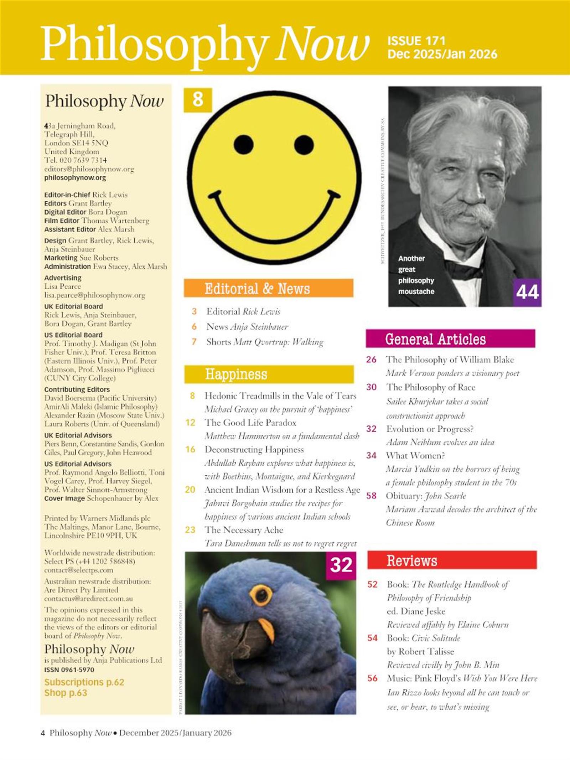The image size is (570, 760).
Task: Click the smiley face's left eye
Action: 244,145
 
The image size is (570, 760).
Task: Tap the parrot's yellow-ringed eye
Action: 262,594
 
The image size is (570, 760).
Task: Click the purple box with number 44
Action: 527,292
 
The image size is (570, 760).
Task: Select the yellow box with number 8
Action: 198,100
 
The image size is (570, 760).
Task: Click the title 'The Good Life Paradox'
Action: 250,423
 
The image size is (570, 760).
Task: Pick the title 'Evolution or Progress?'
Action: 430,429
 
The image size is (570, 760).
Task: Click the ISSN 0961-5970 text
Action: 69,670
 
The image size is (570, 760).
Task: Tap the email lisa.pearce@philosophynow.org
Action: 94,295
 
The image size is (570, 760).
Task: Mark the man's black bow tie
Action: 463,269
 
